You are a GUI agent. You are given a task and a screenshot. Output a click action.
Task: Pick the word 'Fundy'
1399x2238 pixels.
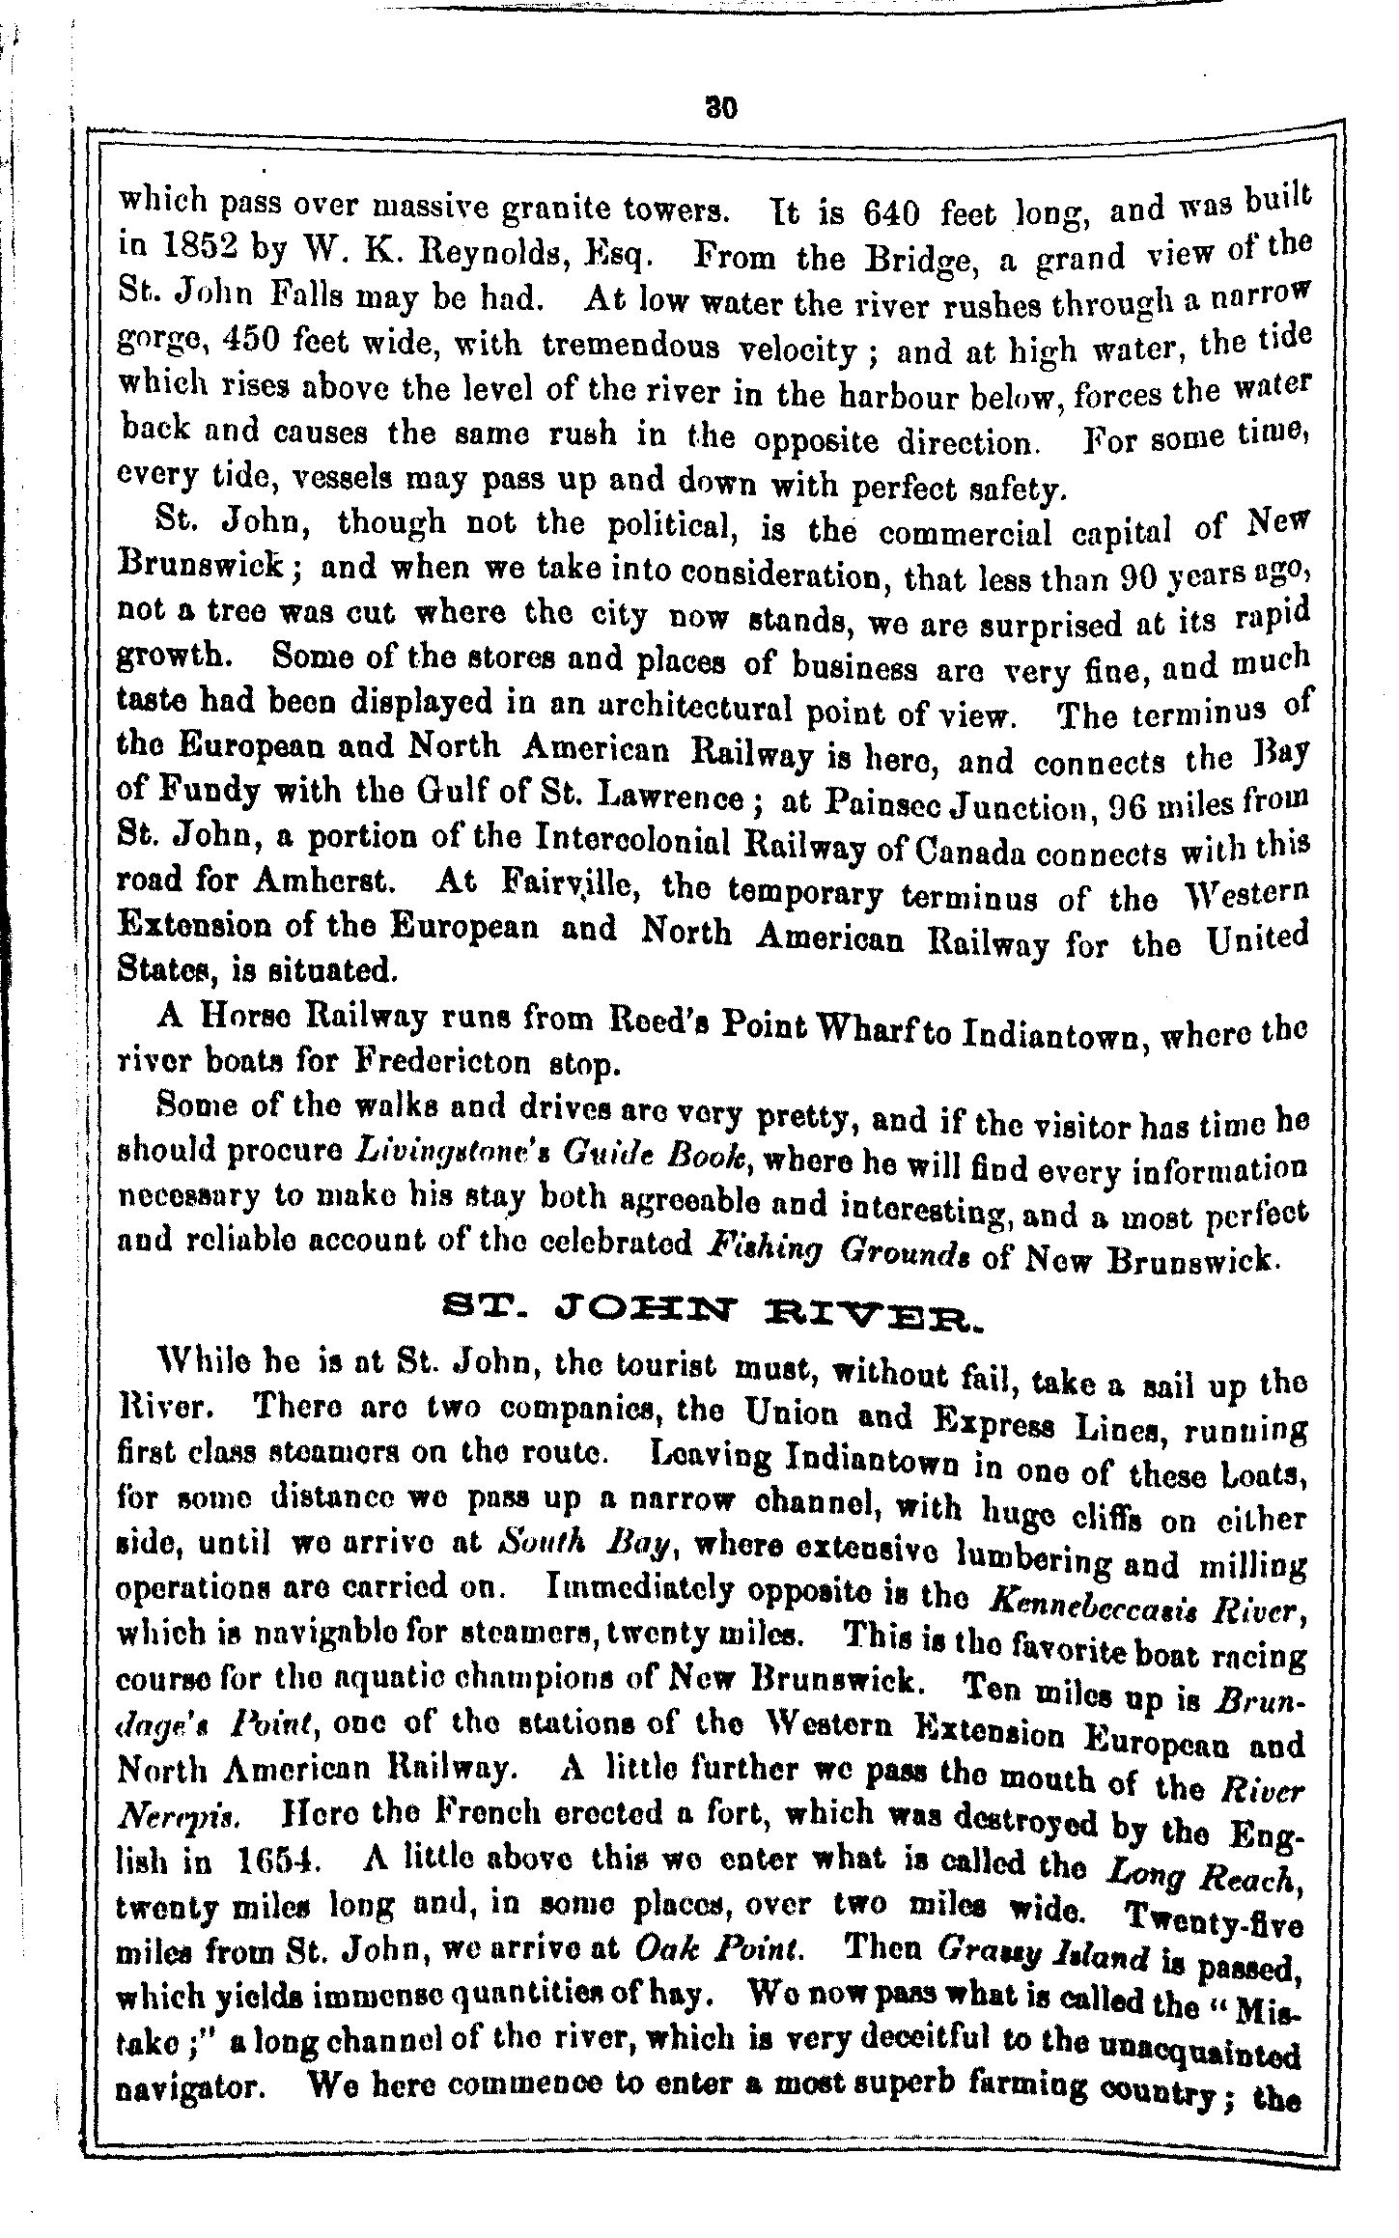(206, 794)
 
